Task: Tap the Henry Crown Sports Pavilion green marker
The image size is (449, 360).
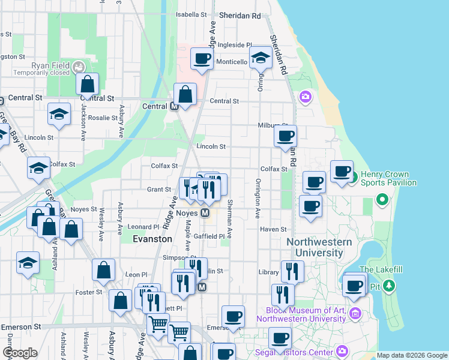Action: (354, 177)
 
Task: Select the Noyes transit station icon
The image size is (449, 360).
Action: (205, 213)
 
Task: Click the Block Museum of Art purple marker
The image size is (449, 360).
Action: (355, 313)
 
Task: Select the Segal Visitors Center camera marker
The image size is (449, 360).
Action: (342, 350)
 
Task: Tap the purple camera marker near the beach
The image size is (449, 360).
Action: (306, 96)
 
